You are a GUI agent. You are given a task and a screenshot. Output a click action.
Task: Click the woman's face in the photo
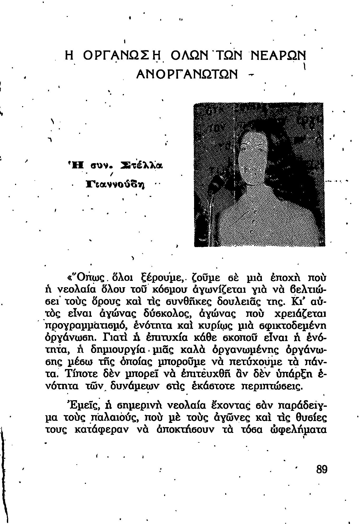(254, 156)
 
